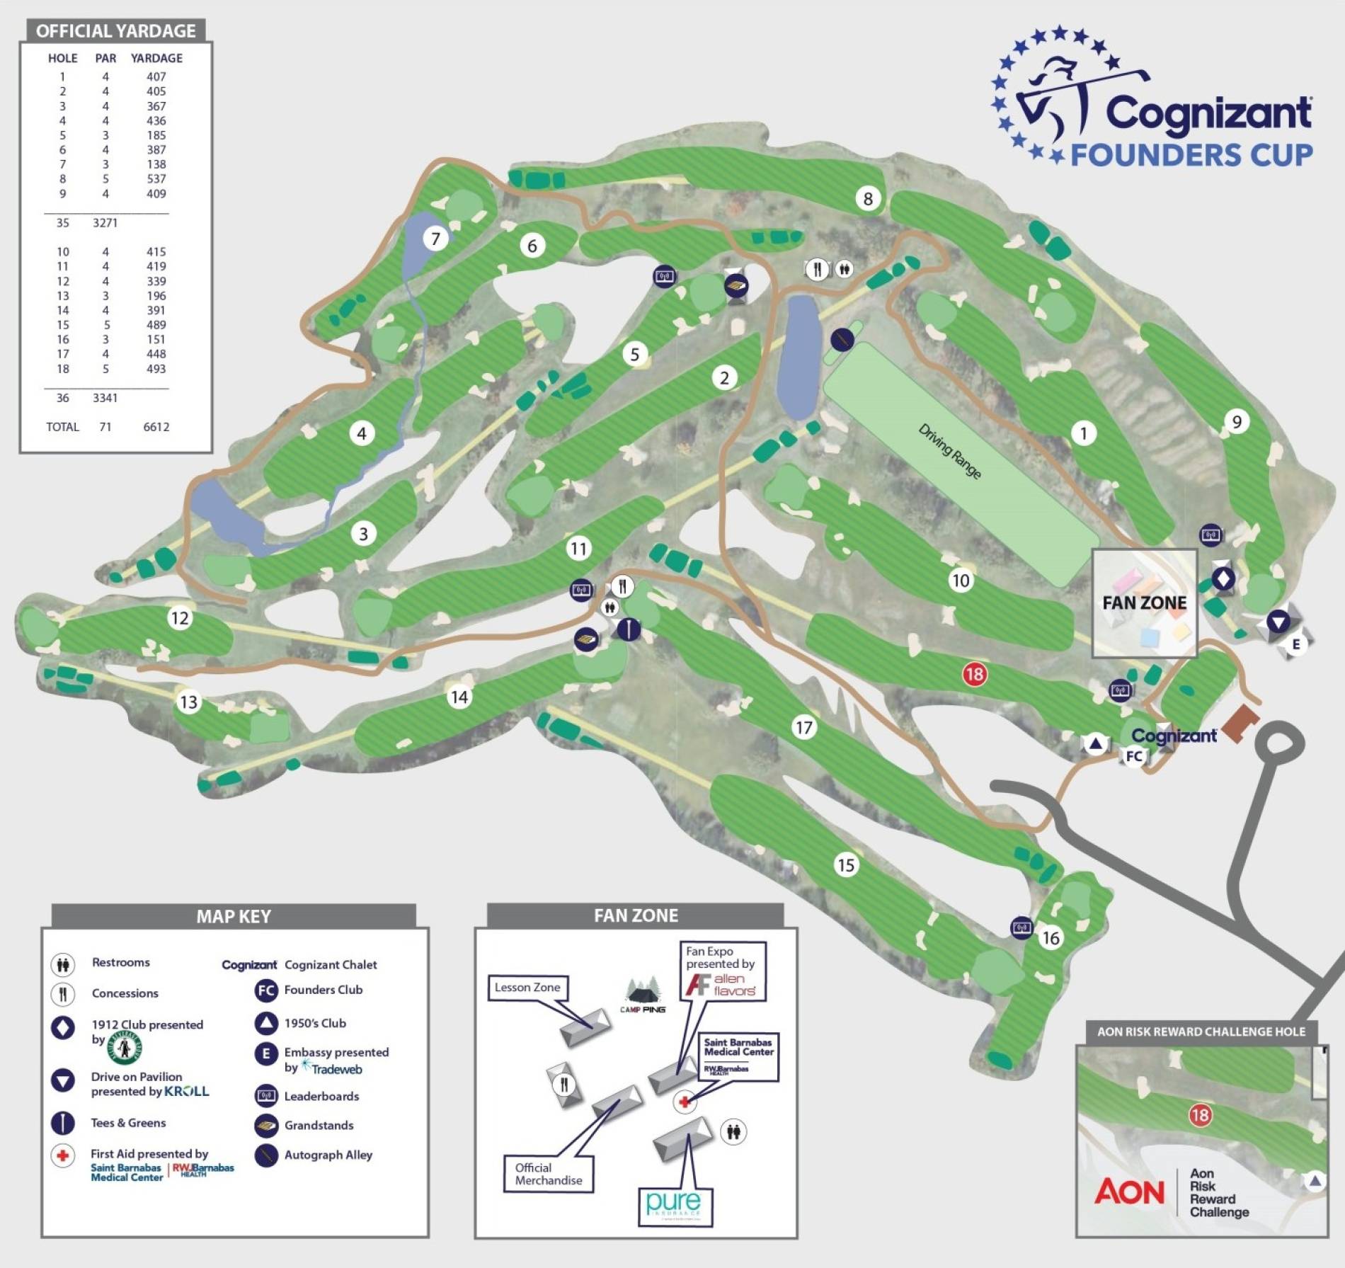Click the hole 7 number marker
(x=435, y=239)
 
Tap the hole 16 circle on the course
(x=1051, y=937)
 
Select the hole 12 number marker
(x=180, y=618)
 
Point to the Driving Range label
(x=949, y=451)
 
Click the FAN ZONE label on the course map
(x=1144, y=602)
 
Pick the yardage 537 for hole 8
(x=156, y=178)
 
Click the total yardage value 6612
(x=156, y=426)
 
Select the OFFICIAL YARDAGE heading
(x=116, y=31)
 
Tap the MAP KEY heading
(x=234, y=916)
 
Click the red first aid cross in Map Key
(x=63, y=1155)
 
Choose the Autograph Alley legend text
(x=328, y=1155)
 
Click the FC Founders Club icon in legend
(x=266, y=990)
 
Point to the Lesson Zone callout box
(x=527, y=988)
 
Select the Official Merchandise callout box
(x=548, y=1173)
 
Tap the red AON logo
(x=1129, y=1192)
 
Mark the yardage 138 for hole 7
(x=156, y=164)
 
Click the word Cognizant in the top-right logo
(x=1208, y=113)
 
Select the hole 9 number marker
(x=1237, y=422)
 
